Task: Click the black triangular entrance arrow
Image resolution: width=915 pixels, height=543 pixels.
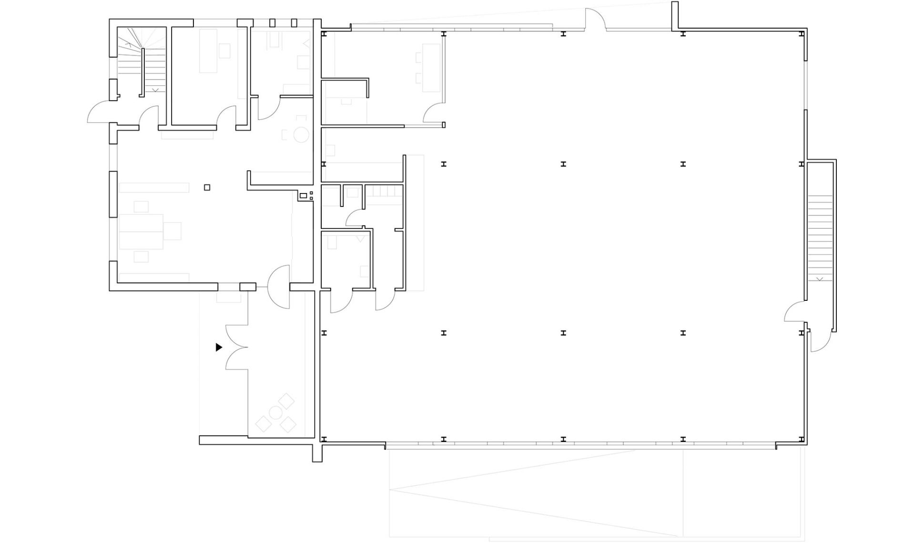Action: click(219, 347)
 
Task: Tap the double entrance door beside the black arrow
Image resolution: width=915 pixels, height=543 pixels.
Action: click(237, 348)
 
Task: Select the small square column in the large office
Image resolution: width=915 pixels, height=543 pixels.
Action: click(207, 187)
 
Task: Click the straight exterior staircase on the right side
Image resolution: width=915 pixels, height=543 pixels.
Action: click(820, 238)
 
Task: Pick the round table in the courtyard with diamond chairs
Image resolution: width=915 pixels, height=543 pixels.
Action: click(275, 412)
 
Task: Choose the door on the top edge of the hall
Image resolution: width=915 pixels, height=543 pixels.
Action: click(595, 19)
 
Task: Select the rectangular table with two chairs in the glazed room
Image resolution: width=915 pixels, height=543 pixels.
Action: click(430, 67)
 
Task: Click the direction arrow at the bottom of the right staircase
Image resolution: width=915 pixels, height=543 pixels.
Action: click(820, 279)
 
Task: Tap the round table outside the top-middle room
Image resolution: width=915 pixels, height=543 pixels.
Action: click(301, 135)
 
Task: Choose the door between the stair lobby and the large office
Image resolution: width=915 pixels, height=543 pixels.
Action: click(149, 117)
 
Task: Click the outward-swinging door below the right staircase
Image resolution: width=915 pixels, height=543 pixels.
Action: click(821, 341)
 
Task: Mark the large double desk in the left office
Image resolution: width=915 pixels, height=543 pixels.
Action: click(141, 232)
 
